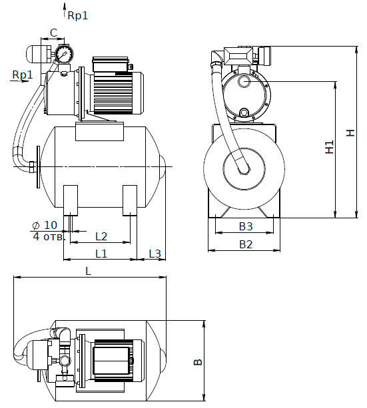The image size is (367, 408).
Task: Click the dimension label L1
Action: click(101, 253)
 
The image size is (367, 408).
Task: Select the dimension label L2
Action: click(101, 236)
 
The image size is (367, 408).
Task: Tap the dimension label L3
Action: click(155, 253)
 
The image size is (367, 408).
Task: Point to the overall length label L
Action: click(89, 271)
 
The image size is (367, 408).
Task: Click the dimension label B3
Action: click(246, 226)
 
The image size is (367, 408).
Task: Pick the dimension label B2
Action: click(246, 244)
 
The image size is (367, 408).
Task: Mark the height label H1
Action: click(330, 146)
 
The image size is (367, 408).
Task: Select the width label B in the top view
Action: click(198, 362)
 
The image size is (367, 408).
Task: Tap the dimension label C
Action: click(53, 33)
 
